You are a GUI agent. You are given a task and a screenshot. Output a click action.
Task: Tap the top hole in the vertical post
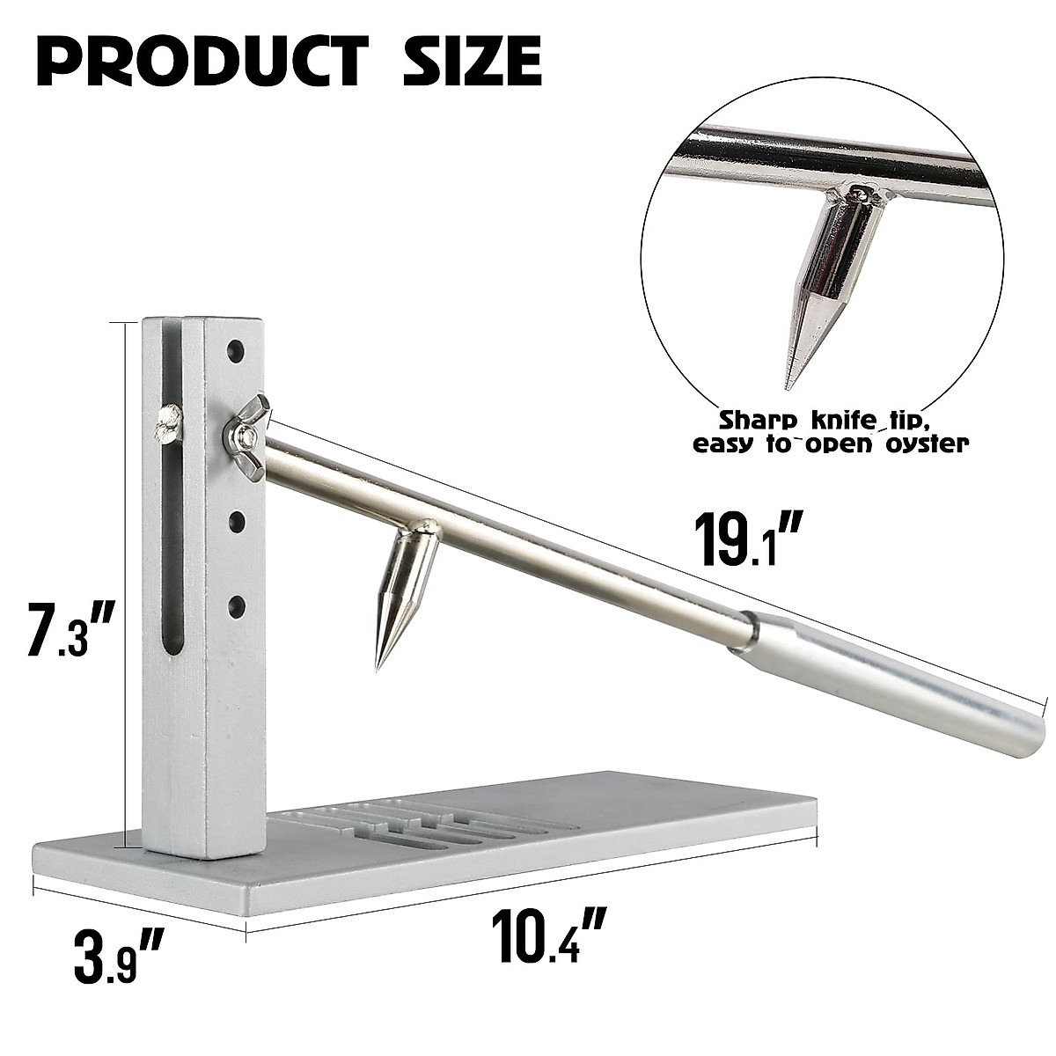tap(235, 351)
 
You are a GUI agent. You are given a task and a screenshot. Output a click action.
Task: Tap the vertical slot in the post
tap(173, 528)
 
